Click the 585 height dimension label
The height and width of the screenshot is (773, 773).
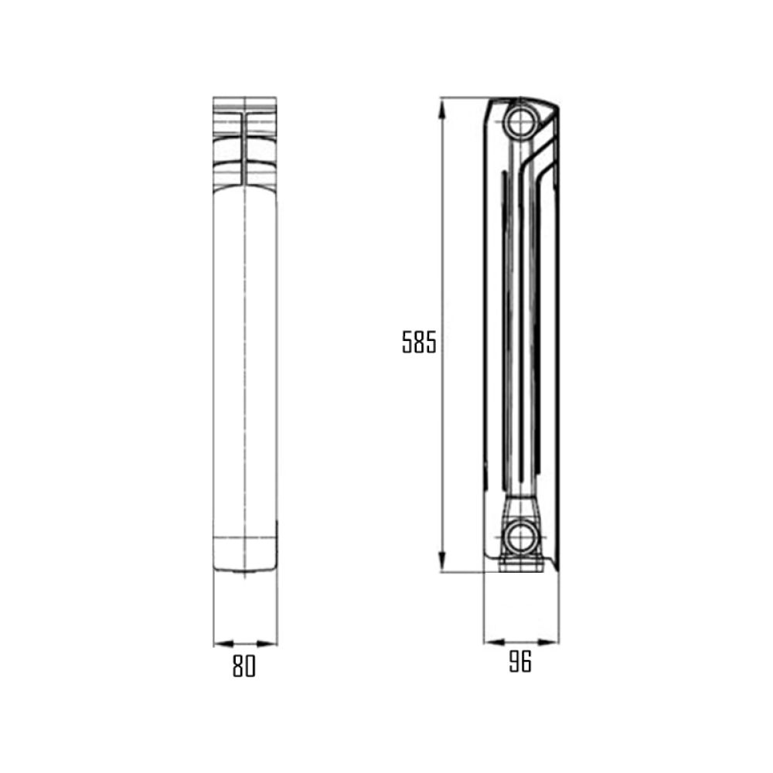point(419,342)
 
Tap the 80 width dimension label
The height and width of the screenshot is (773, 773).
point(243,666)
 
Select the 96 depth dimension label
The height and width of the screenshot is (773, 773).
point(520,662)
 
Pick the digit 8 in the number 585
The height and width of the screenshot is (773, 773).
point(419,342)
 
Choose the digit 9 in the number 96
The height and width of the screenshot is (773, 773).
point(514,662)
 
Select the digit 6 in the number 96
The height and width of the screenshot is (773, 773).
point(526,662)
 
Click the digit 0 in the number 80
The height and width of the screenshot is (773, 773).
point(250,666)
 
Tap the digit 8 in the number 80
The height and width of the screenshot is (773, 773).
point(238,666)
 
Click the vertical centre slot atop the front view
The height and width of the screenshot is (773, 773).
point(245,147)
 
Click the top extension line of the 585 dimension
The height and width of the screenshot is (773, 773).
point(464,97)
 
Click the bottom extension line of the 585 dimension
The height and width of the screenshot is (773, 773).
point(464,573)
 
